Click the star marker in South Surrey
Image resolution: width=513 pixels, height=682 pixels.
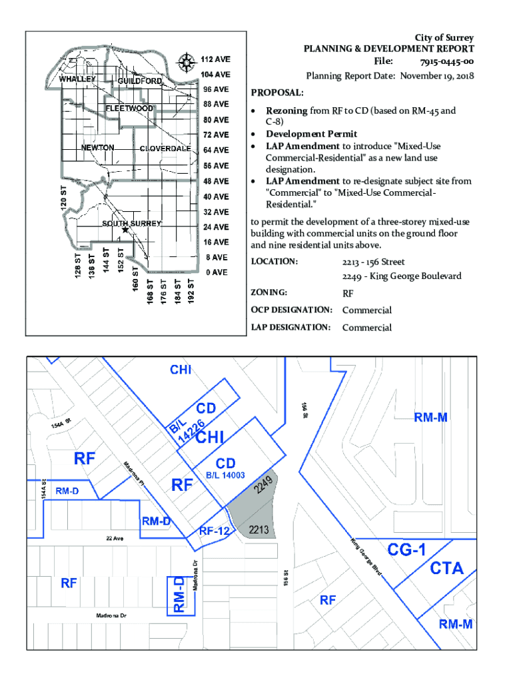125,230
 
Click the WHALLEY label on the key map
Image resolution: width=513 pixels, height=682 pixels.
77,79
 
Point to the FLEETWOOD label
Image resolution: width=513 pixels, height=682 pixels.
129,108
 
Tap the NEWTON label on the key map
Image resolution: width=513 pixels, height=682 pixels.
97,148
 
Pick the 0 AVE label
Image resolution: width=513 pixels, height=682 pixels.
217,272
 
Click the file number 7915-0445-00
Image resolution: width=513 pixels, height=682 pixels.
448,62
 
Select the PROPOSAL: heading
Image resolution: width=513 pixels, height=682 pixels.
277,92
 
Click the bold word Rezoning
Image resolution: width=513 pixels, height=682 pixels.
286,111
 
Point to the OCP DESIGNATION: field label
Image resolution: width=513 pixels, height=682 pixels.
291,310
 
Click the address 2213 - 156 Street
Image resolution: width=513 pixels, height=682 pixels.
374,262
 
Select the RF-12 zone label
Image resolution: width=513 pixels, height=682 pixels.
214,531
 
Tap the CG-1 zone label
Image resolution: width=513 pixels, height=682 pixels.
408,549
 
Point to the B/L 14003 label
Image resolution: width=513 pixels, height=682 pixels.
226,476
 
